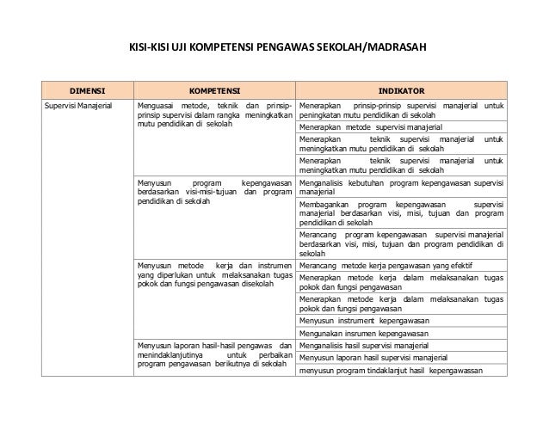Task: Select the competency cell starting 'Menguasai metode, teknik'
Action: pos(213,114)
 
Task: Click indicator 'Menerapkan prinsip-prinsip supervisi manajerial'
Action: pos(401,108)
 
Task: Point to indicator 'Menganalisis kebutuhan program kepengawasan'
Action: pos(401,187)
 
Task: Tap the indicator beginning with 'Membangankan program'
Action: pos(401,212)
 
